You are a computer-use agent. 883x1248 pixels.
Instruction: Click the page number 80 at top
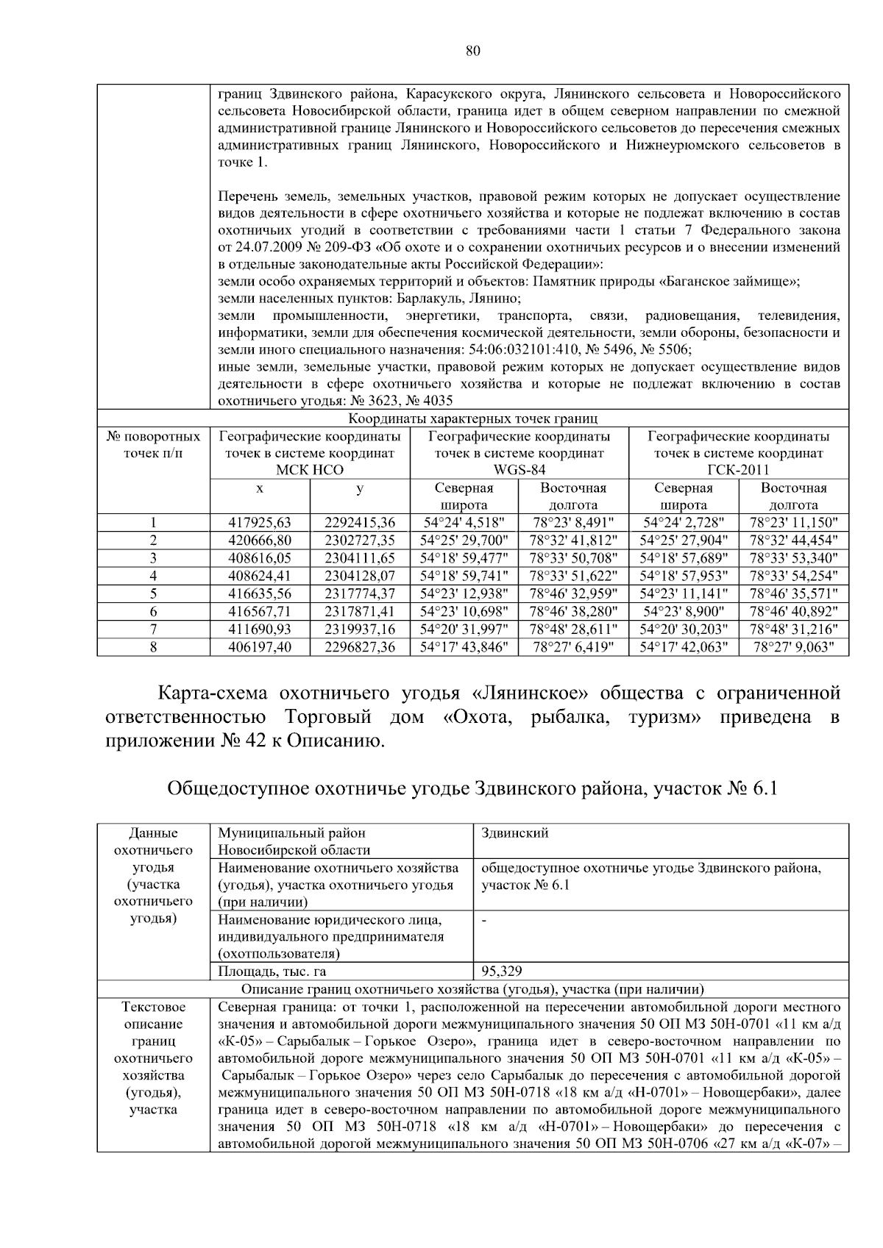473,50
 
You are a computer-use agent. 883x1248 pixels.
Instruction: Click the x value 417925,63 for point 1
260,523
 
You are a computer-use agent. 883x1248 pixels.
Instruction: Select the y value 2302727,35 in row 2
360,541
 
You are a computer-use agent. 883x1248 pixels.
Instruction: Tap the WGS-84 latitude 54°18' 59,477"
464,558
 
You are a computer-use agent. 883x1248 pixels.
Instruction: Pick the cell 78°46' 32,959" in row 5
573,593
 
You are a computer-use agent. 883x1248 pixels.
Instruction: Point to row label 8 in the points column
153,647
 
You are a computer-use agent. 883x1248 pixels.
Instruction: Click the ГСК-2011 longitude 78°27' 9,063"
793,647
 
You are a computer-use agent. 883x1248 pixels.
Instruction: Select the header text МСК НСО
310,470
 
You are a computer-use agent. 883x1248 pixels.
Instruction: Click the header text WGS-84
519,470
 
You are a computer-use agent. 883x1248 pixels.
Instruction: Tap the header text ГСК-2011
738,470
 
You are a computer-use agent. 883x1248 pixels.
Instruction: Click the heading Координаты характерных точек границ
472,419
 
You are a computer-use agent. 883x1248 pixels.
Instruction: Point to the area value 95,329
502,971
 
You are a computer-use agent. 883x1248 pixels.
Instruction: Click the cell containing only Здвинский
515,833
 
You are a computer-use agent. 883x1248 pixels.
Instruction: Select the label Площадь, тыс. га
269,971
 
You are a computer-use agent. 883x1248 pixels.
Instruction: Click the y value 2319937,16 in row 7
360,630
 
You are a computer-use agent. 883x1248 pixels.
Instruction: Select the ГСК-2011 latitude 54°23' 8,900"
684,612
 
